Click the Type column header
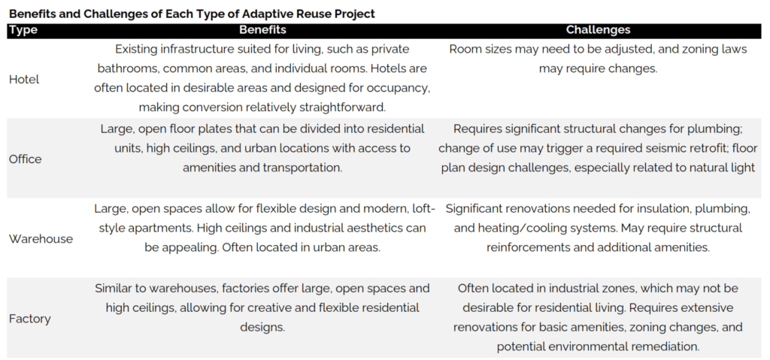tap(23, 30)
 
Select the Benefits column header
tap(262, 30)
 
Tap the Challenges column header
tap(598, 30)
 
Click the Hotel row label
tap(24, 79)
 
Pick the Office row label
tap(26, 159)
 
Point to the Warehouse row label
tap(41, 239)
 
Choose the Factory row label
tap(30, 319)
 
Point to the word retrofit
tap(664, 148)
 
